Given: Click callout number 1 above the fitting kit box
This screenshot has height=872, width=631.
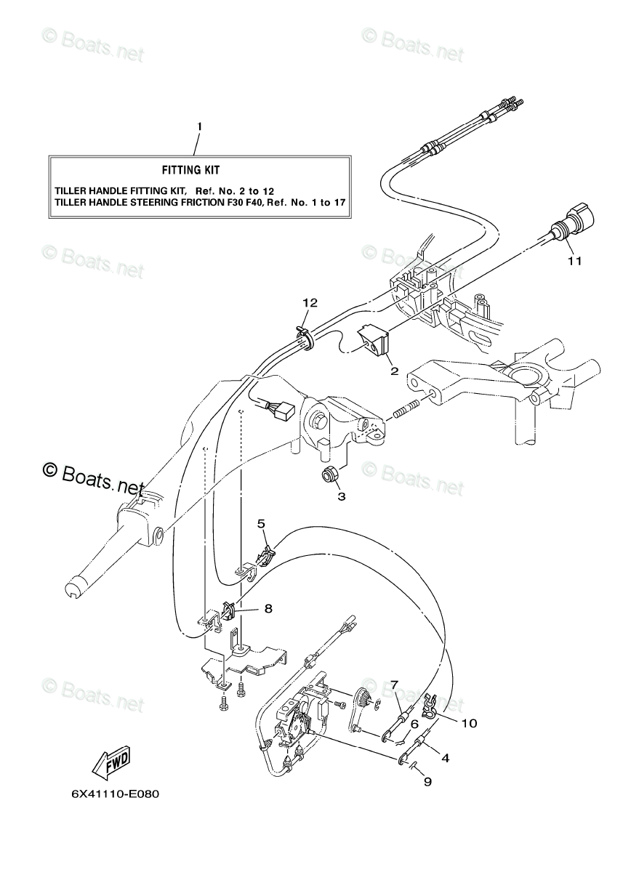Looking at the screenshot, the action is click(x=199, y=127).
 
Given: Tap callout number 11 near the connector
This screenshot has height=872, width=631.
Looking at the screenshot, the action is click(x=575, y=261).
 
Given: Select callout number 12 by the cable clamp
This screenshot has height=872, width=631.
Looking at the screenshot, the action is click(x=311, y=303).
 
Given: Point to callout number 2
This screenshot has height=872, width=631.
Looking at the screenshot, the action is click(x=395, y=371).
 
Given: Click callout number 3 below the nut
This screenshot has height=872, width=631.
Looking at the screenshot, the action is click(x=341, y=497).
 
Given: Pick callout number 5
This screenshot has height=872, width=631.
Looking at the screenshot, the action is click(x=261, y=524).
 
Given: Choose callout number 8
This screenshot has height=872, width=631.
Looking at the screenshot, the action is click(x=268, y=608).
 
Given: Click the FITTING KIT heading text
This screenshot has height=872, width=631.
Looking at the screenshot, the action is click(x=191, y=170).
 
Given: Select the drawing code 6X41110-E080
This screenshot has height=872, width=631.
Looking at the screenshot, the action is click(x=115, y=813).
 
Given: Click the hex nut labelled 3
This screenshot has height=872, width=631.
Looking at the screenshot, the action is click(x=329, y=475).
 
